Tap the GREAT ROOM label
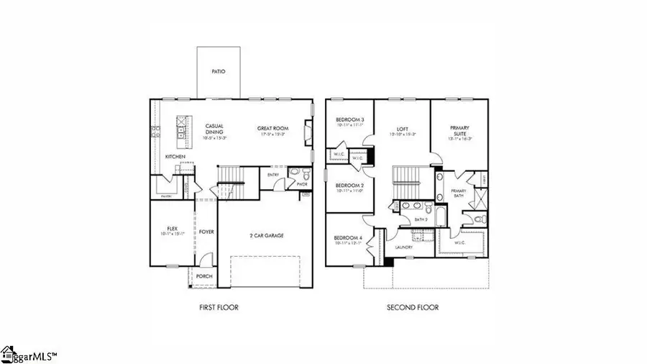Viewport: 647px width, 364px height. (272, 129)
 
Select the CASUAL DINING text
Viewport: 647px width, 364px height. (214, 129)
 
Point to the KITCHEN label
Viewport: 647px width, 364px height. (176, 156)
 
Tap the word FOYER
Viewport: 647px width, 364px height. (207, 232)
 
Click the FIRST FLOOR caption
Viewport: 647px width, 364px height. (219, 307)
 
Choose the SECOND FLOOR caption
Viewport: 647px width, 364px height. (413, 307)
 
